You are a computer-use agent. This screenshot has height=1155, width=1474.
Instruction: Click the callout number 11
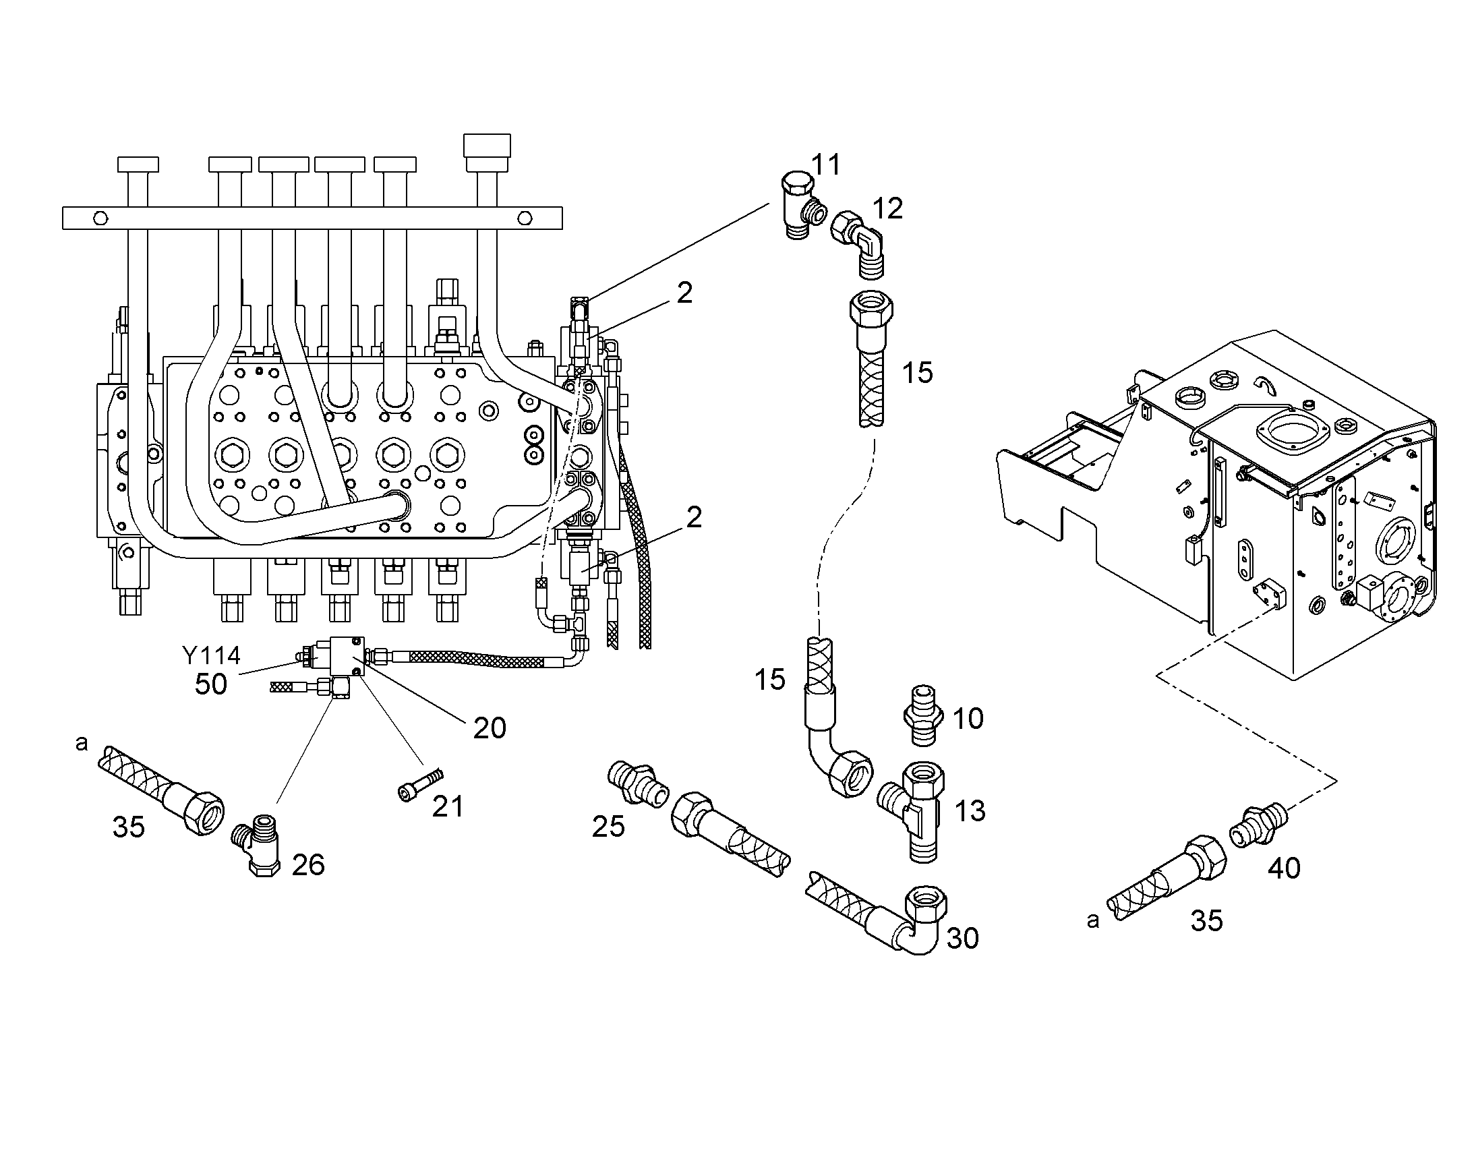point(825,165)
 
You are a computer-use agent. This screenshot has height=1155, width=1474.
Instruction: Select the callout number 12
point(888,209)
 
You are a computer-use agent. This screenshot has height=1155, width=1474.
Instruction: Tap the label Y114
point(211,655)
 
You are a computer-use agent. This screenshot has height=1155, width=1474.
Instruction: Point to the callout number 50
point(211,684)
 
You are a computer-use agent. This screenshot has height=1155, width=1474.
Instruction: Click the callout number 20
point(490,728)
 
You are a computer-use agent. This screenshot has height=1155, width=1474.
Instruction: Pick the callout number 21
point(448,806)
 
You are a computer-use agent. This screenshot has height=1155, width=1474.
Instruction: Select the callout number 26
point(308,865)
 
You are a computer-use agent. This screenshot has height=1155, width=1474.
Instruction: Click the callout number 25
point(608,827)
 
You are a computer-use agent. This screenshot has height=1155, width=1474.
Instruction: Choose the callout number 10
point(968,718)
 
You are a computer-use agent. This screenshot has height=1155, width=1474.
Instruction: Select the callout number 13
point(970,811)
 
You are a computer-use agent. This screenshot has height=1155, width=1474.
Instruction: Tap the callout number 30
point(963,938)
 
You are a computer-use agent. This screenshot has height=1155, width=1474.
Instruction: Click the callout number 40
point(1284,868)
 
